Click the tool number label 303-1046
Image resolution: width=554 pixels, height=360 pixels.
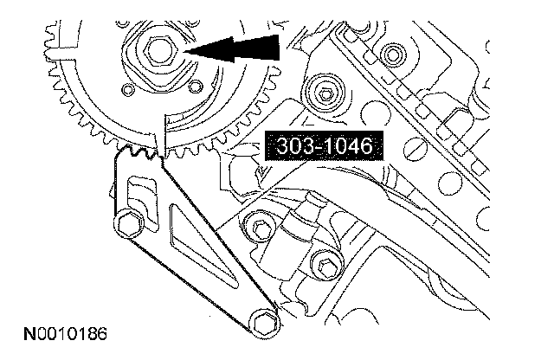324,145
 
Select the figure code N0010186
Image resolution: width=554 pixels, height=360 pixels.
65,333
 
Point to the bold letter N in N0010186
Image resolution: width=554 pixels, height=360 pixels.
29,333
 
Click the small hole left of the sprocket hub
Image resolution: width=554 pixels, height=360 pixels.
127,89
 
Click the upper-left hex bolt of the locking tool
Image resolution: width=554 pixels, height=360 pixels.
128,223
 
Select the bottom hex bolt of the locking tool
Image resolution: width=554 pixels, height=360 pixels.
265,323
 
